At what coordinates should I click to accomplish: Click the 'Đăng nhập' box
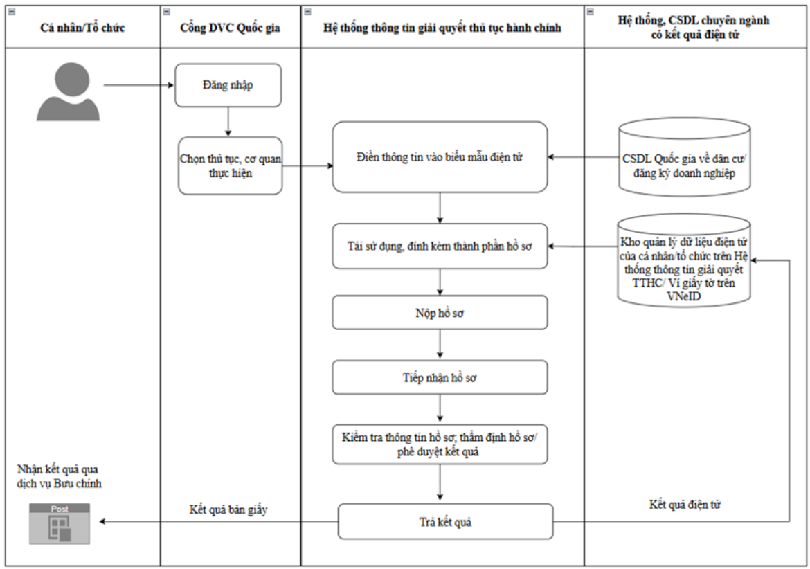coord(228,85)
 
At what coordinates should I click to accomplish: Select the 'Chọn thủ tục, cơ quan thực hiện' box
coord(231,165)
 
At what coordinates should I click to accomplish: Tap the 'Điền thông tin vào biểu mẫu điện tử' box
coord(440,157)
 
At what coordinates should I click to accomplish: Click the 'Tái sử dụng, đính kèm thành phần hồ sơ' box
coord(440,246)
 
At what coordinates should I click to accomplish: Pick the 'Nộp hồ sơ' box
coord(440,313)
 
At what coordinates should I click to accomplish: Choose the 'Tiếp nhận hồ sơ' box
coord(440,377)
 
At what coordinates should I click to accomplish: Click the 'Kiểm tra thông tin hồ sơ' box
coord(440,444)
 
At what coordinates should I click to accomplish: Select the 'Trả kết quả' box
coord(445,522)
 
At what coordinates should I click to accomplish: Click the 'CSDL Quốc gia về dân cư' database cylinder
coord(684,158)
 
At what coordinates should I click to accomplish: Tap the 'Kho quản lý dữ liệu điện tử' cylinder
coord(684,261)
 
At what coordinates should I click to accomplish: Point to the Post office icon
coord(60,524)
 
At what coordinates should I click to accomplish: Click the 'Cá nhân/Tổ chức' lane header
coord(82,28)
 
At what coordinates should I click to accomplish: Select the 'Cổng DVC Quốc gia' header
coord(231,28)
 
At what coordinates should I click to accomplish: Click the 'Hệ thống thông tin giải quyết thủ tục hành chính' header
coord(442,28)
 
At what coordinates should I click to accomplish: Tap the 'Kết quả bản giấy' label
coord(228,509)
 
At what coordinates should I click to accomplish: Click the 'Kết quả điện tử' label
coord(685,505)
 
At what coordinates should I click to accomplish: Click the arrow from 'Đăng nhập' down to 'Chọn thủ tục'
coord(228,122)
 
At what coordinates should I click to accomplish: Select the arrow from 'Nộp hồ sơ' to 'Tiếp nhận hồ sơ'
coord(440,344)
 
